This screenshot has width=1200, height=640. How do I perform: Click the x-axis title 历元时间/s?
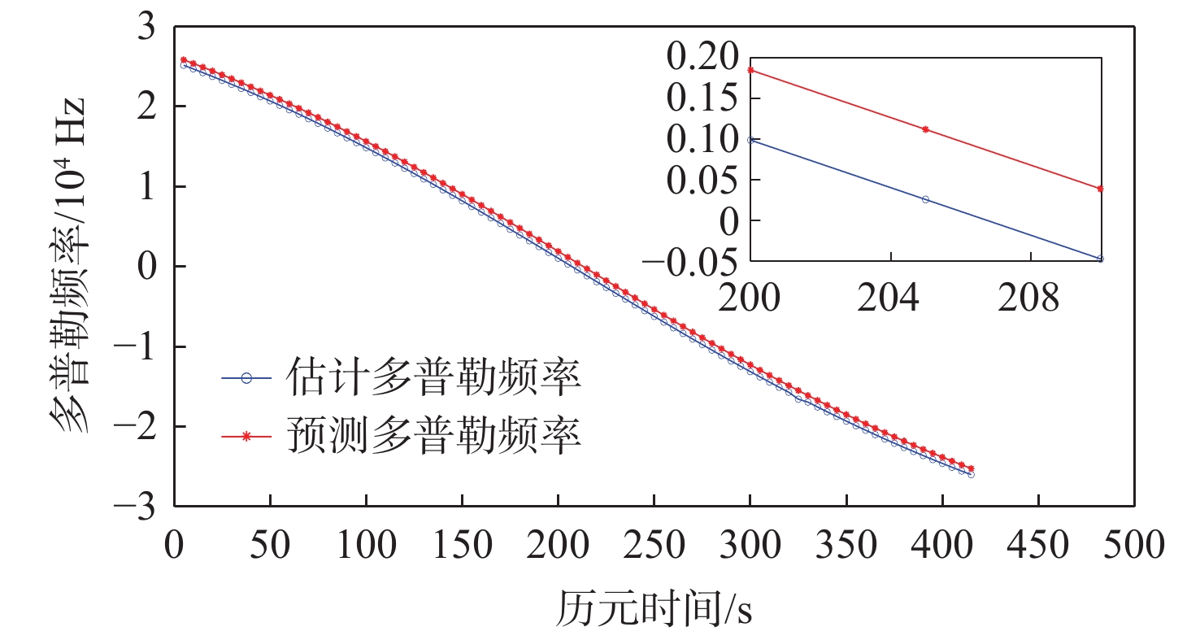(x=654, y=607)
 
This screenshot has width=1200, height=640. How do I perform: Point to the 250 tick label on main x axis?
(x=654, y=544)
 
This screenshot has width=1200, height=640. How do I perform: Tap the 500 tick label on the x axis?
(x=1135, y=544)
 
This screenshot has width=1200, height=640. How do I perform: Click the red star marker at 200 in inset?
(x=750, y=70)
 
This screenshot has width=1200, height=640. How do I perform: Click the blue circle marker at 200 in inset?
(x=750, y=140)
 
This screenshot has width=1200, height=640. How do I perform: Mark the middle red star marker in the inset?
(x=925, y=129)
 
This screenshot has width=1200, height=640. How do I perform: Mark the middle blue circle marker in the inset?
(x=925, y=199)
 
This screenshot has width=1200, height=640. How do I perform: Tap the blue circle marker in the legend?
(x=247, y=377)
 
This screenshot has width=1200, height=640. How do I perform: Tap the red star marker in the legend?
(x=247, y=437)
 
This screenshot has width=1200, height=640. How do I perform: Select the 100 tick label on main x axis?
(x=366, y=544)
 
